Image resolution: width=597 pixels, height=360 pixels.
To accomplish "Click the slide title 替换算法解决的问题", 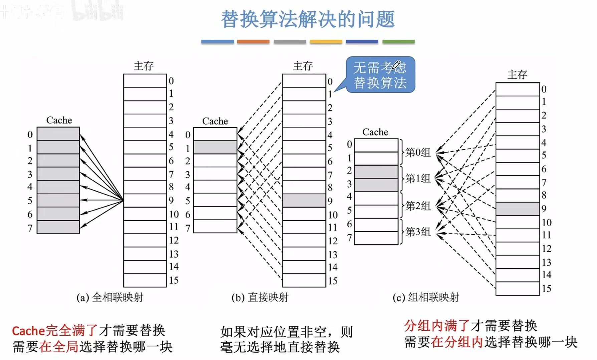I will coord(308,19).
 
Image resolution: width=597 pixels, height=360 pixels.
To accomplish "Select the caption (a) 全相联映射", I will coord(110,297).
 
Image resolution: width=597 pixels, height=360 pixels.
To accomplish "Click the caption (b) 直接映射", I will coord(260,297).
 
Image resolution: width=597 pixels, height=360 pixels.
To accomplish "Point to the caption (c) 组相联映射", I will coord(426,297).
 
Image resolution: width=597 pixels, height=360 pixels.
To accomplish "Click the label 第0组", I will coord(418,152).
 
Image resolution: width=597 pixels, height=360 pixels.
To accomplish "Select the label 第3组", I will coord(418,232).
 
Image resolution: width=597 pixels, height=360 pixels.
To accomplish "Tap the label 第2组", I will coord(418,206).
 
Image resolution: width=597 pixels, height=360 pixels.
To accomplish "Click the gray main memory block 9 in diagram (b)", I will coord(304,201).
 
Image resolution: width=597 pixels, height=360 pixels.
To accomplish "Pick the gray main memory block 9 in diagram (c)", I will coord(517,209).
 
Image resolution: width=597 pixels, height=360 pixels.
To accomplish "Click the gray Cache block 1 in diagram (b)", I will coord(215,147).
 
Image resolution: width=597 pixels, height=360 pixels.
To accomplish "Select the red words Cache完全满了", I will coord(55,331).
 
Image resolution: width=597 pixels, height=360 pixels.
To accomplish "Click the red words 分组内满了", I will coord(437,325).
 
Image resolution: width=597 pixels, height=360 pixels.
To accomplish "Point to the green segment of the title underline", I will coord(398,42).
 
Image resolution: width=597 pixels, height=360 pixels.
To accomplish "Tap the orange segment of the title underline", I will coord(253,42).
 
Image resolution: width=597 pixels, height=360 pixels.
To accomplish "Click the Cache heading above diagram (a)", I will coord(59,120).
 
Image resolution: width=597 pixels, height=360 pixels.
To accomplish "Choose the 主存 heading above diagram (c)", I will coord(517,74).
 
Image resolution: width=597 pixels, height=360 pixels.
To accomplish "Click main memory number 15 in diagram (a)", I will coord(174,280).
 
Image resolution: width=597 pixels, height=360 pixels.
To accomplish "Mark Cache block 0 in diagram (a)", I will coord(58,134).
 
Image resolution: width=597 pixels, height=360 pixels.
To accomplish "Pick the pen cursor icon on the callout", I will coord(396,65).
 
